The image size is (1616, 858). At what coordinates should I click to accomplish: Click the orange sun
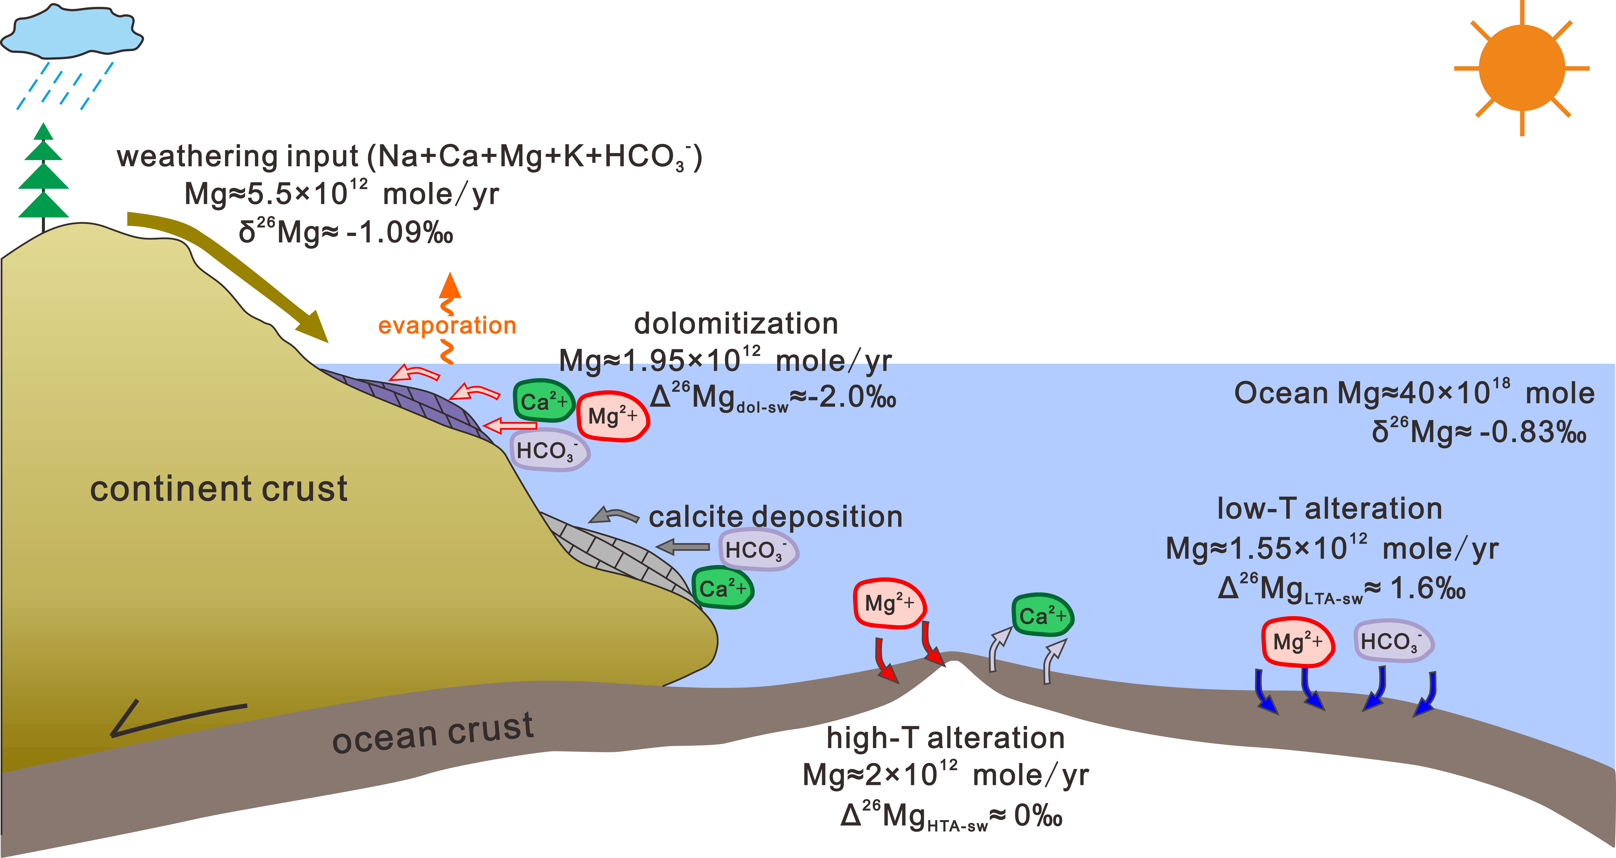click(1522, 68)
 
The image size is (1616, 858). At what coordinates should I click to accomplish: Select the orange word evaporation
click(447, 325)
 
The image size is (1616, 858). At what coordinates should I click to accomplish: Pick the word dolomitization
click(736, 324)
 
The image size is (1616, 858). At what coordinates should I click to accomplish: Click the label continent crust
click(218, 489)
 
